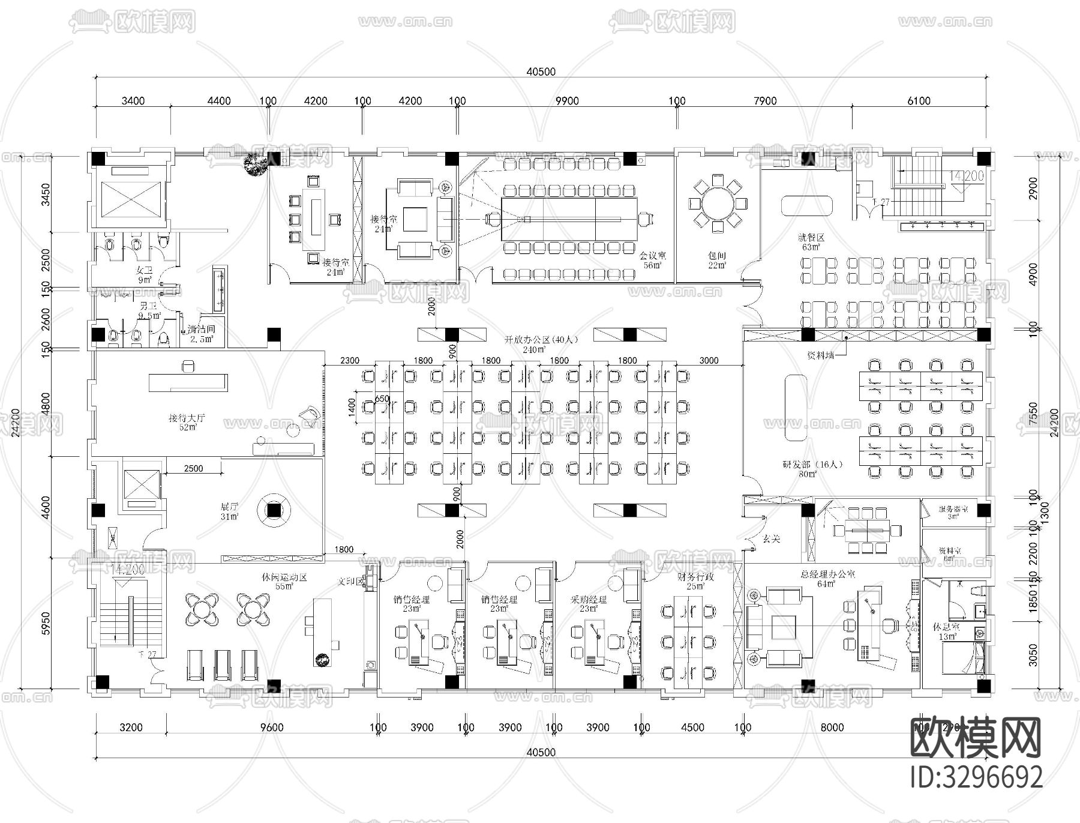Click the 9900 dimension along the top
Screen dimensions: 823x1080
pos(566,101)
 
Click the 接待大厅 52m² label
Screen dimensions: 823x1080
pos(187,422)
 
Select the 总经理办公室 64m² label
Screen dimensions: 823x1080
pos(827,579)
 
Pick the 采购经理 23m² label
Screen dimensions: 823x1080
pos(589,603)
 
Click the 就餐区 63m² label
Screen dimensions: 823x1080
pos(811,242)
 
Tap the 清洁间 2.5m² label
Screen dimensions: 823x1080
pos(201,334)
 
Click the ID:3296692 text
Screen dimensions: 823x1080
pos(976,777)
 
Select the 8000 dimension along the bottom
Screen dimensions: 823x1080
pos(832,728)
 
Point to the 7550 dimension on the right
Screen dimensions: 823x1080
pos(1033,414)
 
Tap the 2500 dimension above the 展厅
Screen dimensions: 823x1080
pos(193,468)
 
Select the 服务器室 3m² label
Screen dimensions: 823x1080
pos(952,512)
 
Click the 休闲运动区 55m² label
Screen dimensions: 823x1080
pos(284,582)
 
